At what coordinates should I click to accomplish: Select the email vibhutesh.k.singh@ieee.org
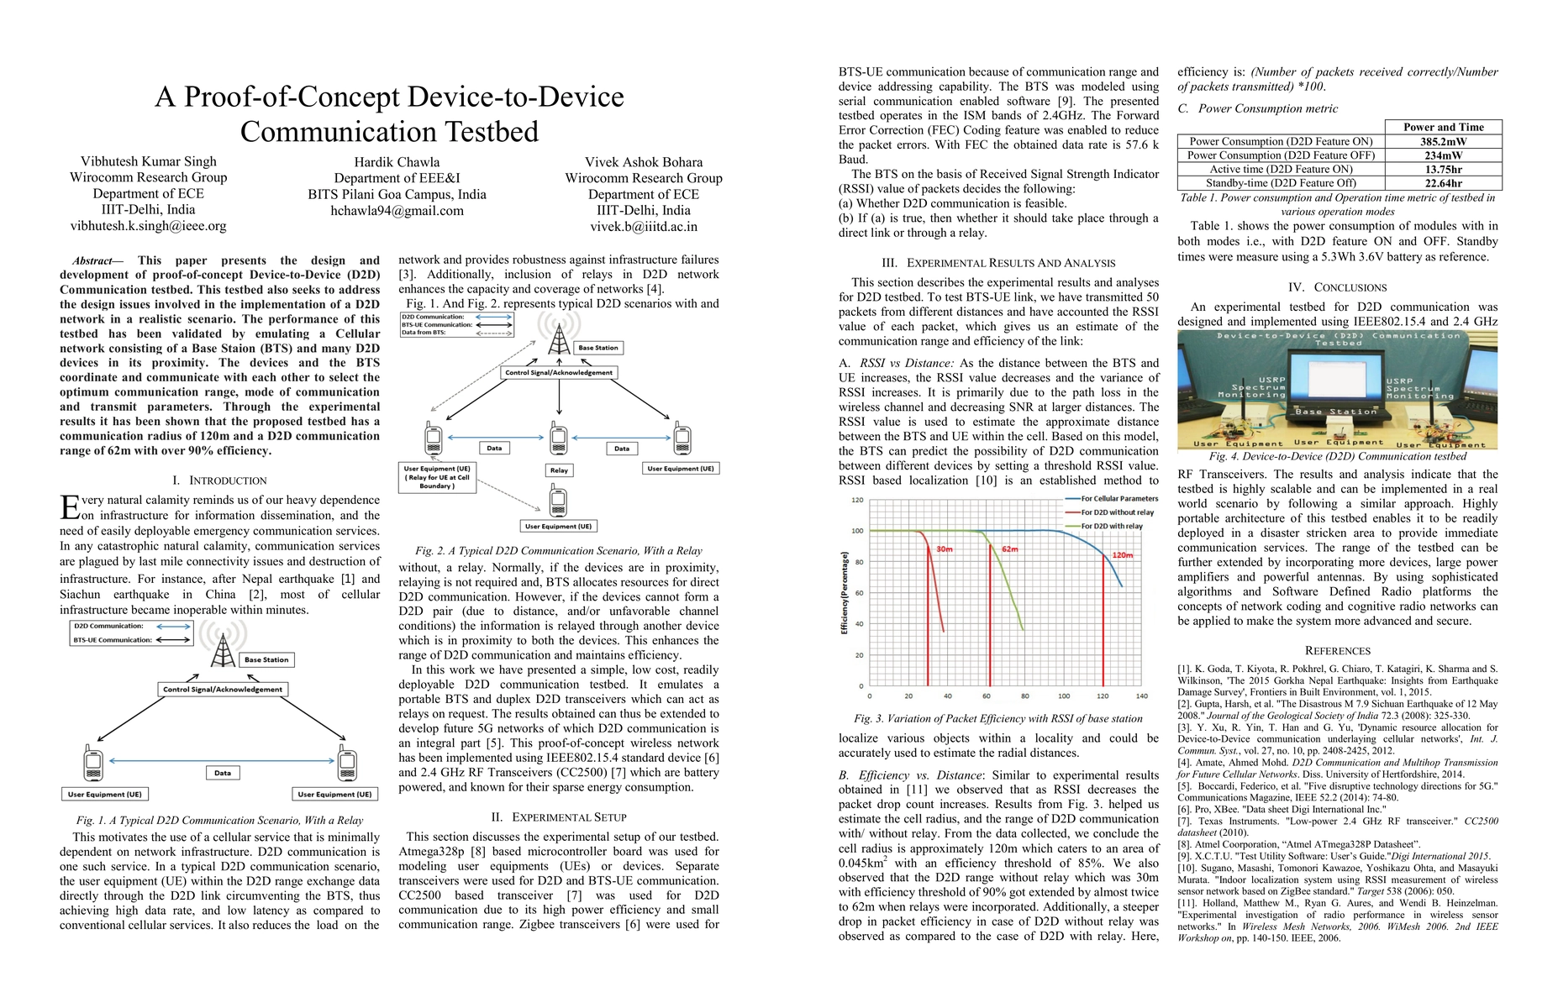click(148, 226)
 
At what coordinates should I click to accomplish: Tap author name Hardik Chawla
click(397, 162)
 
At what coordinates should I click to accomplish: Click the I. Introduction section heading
click(219, 480)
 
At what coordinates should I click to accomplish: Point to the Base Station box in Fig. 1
click(266, 660)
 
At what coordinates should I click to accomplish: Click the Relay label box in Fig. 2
click(559, 470)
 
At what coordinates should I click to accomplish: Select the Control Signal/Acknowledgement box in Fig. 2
click(559, 372)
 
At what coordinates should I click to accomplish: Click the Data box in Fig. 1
click(223, 773)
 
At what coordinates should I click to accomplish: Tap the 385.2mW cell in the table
click(1443, 142)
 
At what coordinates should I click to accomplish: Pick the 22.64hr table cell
click(1443, 183)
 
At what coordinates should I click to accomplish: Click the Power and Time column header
click(1443, 128)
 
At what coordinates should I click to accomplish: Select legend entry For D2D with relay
click(1111, 527)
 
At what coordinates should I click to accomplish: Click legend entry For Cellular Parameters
click(1118, 499)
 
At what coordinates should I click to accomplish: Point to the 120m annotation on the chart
click(1122, 555)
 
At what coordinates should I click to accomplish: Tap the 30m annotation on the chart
click(945, 549)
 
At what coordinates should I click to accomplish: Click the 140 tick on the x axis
click(1141, 696)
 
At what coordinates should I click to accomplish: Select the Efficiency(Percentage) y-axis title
click(844, 593)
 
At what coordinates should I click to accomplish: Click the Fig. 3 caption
click(997, 719)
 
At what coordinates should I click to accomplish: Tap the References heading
click(1337, 651)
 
